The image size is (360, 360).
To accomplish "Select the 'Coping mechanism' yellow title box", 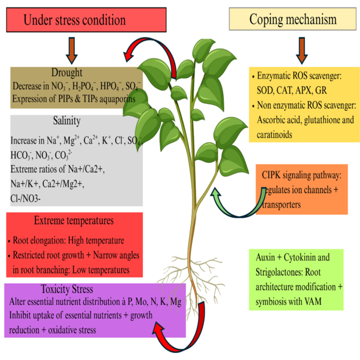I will point(292,19).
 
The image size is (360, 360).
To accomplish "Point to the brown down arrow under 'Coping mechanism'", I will point(301,50).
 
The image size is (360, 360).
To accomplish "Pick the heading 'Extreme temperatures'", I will point(74,220).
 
